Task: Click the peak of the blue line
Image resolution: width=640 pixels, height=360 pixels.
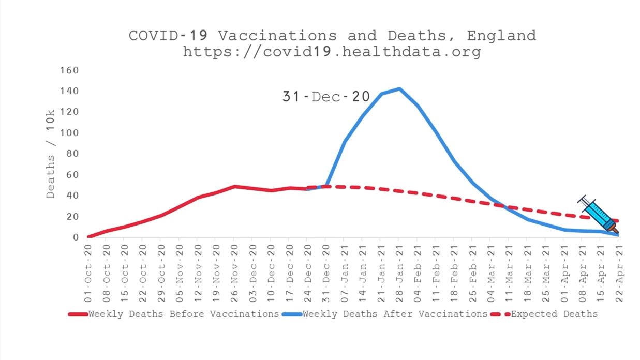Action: point(399,88)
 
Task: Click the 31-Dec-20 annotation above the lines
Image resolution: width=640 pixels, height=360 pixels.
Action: point(326,97)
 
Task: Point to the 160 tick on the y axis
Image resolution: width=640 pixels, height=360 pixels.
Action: point(69,70)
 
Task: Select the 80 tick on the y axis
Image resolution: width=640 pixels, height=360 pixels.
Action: point(72,154)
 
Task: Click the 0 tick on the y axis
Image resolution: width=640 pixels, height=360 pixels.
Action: point(76,237)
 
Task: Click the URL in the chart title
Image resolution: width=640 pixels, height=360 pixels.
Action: point(332,52)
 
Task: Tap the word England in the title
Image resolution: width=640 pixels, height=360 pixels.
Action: point(501,36)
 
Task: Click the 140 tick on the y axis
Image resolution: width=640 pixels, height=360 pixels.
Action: point(69,91)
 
